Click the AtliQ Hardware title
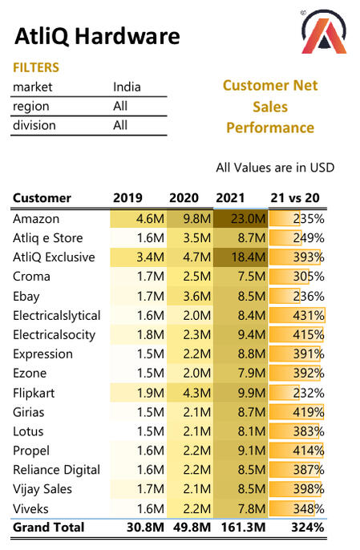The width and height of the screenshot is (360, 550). coord(97,36)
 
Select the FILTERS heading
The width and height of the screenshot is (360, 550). coord(35,68)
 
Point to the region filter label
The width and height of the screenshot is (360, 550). coord(30,106)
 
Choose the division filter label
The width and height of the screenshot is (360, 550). coord(34,125)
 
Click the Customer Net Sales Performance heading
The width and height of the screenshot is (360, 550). coord(270,107)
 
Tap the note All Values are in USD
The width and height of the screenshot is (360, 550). coord(275,168)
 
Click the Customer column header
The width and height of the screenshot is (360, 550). coord(42,198)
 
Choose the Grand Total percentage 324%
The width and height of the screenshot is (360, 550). coord(308,528)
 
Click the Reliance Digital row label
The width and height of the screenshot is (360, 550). coord(56,470)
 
